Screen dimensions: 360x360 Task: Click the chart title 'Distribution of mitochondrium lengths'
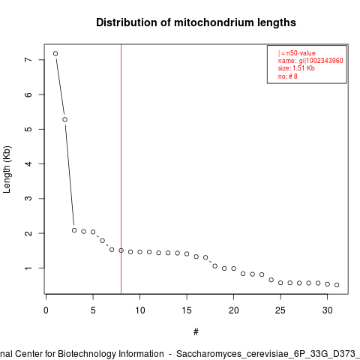click(196, 22)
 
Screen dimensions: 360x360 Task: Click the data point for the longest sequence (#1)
click(55, 53)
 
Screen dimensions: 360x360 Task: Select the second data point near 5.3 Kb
click(65, 119)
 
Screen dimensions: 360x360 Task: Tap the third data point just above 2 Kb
click(74, 230)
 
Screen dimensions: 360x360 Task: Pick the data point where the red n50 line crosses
click(121, 250)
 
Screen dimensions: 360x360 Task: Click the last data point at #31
click(337, 285)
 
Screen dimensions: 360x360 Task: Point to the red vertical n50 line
click(121, 169)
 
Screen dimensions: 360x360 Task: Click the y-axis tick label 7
click(28, 60)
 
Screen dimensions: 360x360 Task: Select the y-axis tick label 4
click(28, 163)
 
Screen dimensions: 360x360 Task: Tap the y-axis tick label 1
click(28, 268)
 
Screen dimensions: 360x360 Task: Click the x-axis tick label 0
click(46, 310)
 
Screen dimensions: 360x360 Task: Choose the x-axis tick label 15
click(187, 310)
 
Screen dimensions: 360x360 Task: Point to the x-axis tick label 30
click(328, 310)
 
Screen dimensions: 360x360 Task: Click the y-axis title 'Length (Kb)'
click(7, 169)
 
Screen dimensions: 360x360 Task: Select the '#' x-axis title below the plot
click(196, 332)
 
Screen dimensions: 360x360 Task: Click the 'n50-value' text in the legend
click(301, 53)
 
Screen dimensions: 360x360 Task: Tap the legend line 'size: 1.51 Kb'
click(296, 68)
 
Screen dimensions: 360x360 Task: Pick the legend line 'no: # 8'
click(288, 76)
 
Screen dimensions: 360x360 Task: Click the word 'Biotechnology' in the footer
click(87, 354)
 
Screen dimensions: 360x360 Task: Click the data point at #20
click(234, 268)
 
